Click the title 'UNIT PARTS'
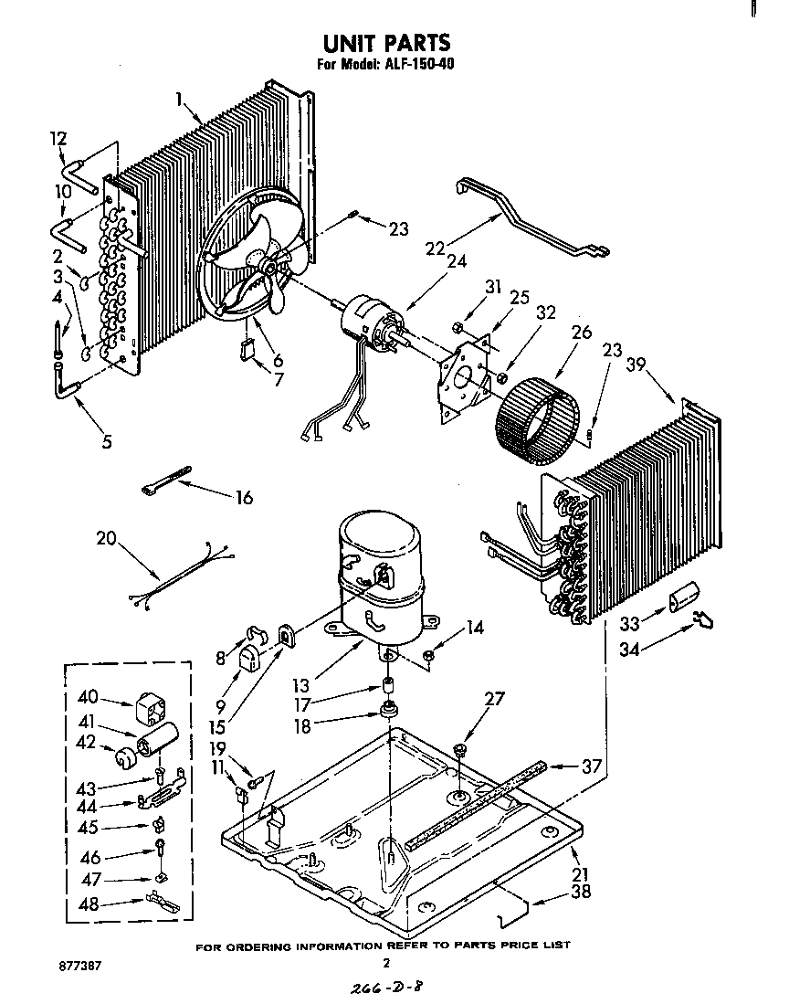point(386,43)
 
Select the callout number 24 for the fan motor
point(456,260)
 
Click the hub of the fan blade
point(271,265)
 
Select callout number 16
point(243,498)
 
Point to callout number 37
point(591,766)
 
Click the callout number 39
point(636,365)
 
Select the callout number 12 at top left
point(58,139)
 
